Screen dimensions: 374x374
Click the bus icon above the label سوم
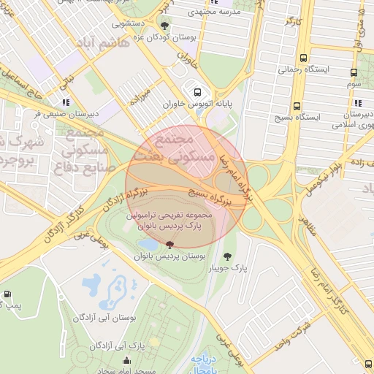click(354, 73)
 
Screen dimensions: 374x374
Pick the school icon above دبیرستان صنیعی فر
click(66, 102)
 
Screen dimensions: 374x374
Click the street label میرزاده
click(140, 97)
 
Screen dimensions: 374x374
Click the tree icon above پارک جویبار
click(227, 256)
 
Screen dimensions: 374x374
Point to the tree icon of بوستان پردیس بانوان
click(170, 245)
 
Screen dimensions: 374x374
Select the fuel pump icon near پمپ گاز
click(7, 294)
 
